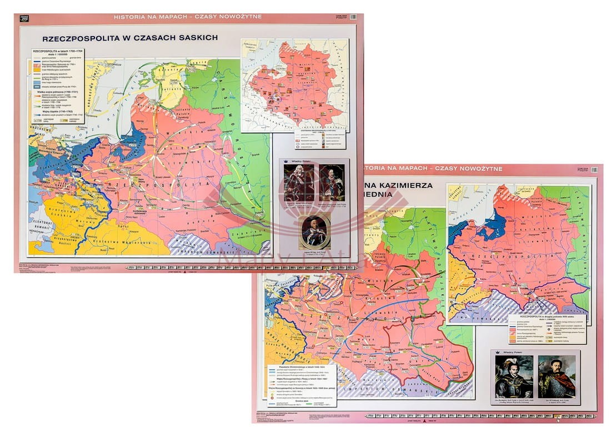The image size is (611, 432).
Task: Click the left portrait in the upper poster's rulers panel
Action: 299,183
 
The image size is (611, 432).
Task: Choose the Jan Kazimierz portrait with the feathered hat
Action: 514,376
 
